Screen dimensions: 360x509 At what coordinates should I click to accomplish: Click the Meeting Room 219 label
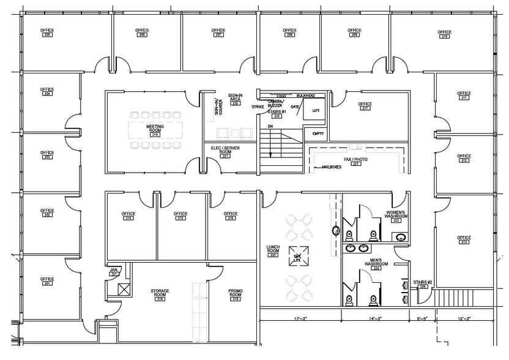(x=154, y=129)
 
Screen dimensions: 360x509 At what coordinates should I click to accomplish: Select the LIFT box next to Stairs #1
(x=316, y=111)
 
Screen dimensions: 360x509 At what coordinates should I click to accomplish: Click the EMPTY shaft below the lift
(x=318, y=133)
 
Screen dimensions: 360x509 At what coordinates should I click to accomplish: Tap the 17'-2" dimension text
(x=300, y=319)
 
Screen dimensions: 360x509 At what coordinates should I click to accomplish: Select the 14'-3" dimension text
(x=374, y=319)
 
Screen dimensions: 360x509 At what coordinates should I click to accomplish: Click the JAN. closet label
(x=113, y=272)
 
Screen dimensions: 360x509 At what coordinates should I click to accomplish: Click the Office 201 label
(x=47, y=281)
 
